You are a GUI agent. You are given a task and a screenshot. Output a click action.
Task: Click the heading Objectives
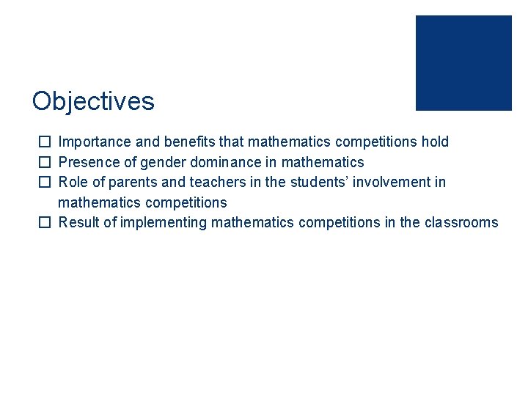click(93, 101)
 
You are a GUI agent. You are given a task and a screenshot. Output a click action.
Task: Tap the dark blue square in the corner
click(463, 63)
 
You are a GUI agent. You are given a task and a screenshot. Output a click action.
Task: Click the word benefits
click(194, 142)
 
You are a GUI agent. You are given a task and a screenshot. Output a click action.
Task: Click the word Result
click(78, 223)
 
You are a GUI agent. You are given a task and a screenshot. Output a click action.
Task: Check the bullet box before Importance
click(45, 142)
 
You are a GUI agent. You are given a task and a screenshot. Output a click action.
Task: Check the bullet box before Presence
click(45, 162)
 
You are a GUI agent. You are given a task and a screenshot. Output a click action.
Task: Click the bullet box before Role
click(45, 182)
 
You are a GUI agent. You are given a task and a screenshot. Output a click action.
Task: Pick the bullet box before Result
click(45, 223)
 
